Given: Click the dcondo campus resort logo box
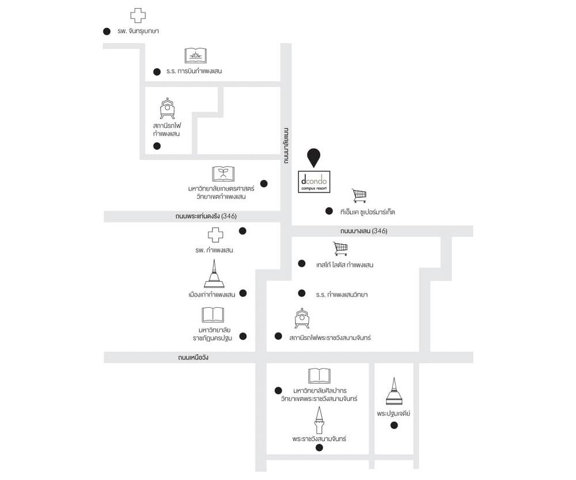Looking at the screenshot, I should click(x=313, y=182).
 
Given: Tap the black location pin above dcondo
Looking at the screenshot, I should click(x=313, y=157).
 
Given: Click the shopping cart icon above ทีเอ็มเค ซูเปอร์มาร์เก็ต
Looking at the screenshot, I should click(x=359, y=196).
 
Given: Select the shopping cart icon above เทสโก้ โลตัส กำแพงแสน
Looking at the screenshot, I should click(x=340, y=248).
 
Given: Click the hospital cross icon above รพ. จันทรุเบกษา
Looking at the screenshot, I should click(x=138, y=16).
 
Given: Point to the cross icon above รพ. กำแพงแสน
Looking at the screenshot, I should click(x=215, y=235).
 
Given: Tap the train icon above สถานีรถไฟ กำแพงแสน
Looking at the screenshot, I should click(x=167, y=108).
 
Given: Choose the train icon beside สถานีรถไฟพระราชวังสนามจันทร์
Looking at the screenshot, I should click(x=302, y=319).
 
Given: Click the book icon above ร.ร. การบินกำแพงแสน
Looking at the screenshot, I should click(x=195, y=55).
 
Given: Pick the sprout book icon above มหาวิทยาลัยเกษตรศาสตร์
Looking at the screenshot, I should click(x=223, y=173).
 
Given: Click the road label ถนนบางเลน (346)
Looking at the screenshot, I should click(x=363, y=231).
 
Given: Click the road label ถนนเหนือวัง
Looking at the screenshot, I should click(x=194, y=358).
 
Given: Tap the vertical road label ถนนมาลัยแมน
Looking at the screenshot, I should click(x=286, y=145).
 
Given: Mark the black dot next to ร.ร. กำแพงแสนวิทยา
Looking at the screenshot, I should click(x=301, y=293).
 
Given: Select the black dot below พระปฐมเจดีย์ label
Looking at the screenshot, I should click(x=394, y=426).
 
